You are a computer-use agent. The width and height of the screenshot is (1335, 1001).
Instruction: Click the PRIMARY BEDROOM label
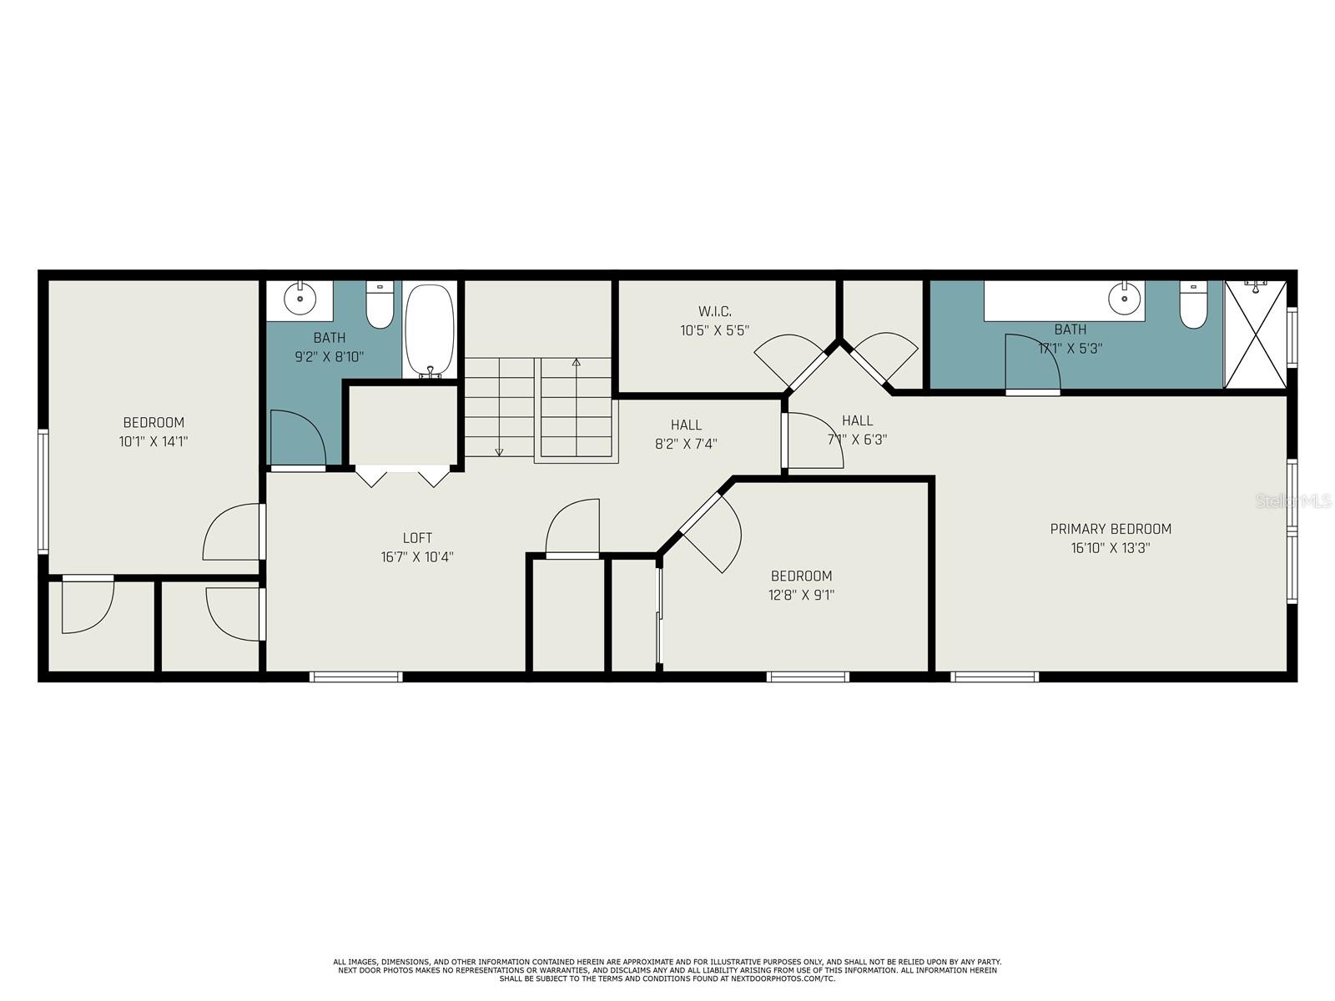(x=1110, y=529)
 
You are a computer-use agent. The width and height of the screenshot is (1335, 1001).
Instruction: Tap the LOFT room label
(x=417, y=538)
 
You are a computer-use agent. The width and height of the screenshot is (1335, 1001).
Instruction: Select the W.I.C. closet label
(x=715, y=311)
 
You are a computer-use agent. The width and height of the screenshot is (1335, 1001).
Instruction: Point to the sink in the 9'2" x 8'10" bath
(x=299, y=296)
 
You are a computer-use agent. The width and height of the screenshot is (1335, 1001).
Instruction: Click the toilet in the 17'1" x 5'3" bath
(x=1193, y=304)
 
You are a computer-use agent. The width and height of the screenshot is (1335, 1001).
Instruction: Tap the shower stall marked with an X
(x=1255, y=335)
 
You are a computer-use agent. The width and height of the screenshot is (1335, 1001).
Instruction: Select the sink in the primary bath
(x=1124, y=296)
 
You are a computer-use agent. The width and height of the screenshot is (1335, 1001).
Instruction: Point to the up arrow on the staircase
(x=576, y=363)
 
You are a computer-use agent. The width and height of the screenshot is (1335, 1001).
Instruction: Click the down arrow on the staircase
(x=499, y=451)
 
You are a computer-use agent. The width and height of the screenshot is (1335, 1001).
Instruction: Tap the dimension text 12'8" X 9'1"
(x=801, y=595)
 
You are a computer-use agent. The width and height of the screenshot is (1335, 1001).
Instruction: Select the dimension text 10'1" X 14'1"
(x=154, y=441)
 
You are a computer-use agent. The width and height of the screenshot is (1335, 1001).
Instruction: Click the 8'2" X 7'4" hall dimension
(x=686, y=444)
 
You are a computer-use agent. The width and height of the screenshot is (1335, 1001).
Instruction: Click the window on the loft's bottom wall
(x=356, y=677)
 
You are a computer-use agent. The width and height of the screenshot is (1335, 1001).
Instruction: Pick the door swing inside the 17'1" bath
(x=1032, y=363)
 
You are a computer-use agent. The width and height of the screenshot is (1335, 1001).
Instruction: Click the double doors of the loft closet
(x=403, y=476)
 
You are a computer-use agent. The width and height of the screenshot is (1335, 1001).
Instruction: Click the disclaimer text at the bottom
(x=667, y=969)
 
